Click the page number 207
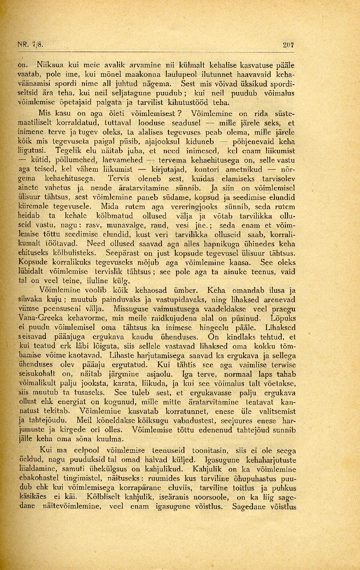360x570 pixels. (289, 45)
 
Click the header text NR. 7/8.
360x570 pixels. (30, 45)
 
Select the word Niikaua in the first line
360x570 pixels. (48, 64)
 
